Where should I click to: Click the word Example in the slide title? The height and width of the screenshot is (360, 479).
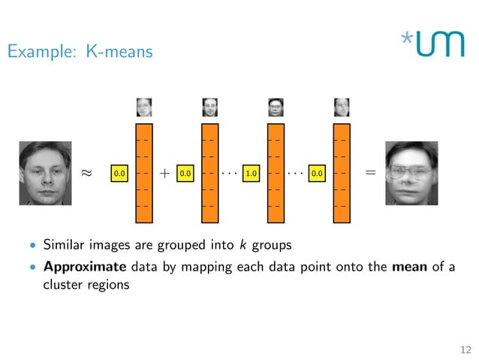click(x=35, y=52)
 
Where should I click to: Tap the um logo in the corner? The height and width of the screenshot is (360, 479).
click(x=432, y=44)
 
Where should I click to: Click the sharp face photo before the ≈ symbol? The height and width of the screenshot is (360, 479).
click(x=45, y=173)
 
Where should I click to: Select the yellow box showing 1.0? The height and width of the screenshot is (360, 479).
click(x=252, y=174)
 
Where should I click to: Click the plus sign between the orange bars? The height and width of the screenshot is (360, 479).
click(x=164, y=173)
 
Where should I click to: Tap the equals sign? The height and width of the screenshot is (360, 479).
click(x=369, y=172)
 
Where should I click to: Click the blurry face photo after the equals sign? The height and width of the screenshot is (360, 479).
click(x=410, y=173)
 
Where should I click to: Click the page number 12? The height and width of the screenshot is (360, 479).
click(x=465, y=349)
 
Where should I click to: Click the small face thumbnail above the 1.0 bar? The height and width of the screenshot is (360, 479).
click(x=276, y=107)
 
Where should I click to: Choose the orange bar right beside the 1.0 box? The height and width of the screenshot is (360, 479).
click(x=276, y=173)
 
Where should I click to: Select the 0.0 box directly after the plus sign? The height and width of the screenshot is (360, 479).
click(x=185, y=174)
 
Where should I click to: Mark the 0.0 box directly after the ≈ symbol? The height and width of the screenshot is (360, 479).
click(x=119, y=174)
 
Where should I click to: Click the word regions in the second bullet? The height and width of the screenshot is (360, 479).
click(x=109, y=285)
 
